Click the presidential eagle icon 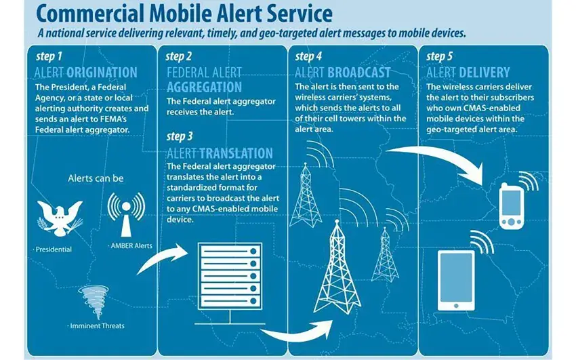(x=60, y=218)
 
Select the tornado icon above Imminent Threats (x=94, y=302)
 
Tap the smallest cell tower (x=385, y=255)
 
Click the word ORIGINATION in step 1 (x=102, y=73)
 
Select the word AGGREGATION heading (x=204, y=87)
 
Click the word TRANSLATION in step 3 (x=236, y=153)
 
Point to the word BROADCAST (x=359, y=73)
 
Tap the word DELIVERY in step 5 (x=484, y=73)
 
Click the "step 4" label (x=308, y=56)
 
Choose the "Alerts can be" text (x=96, y=178)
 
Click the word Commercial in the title (x=90, y=14)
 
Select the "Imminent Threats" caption (x=97, y=326)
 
